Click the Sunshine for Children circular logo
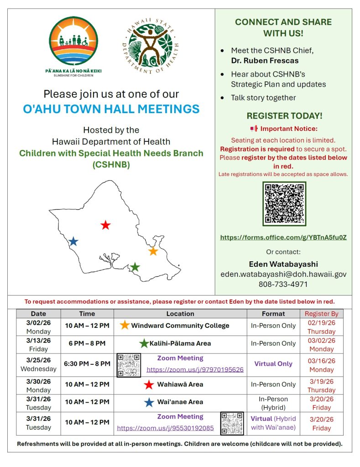click(x=73, y=41)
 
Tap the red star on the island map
click(x=105, y=225)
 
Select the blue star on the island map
click(x=73, y=241)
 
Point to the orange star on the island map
click(x=153, y=251)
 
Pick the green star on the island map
click(x=135, y=267)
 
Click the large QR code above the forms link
click(x=284, y=203)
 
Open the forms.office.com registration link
click(x=283, y=238)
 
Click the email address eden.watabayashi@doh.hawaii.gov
click(x=283, y=274)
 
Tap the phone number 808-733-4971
click(x=283, y=284)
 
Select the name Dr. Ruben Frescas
click(x=264, y=60)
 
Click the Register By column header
click(x=321, y=314)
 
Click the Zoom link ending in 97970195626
click(x=195, y=369)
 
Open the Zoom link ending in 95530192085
click(x=165, y=428)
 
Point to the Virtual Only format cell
click(x=273, y=363)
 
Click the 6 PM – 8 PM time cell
click(x=87, y=343)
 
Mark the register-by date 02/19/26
click(x=321, y=322)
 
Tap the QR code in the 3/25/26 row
click(x=129, y=365)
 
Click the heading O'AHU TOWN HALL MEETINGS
click(x=111, y=109)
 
